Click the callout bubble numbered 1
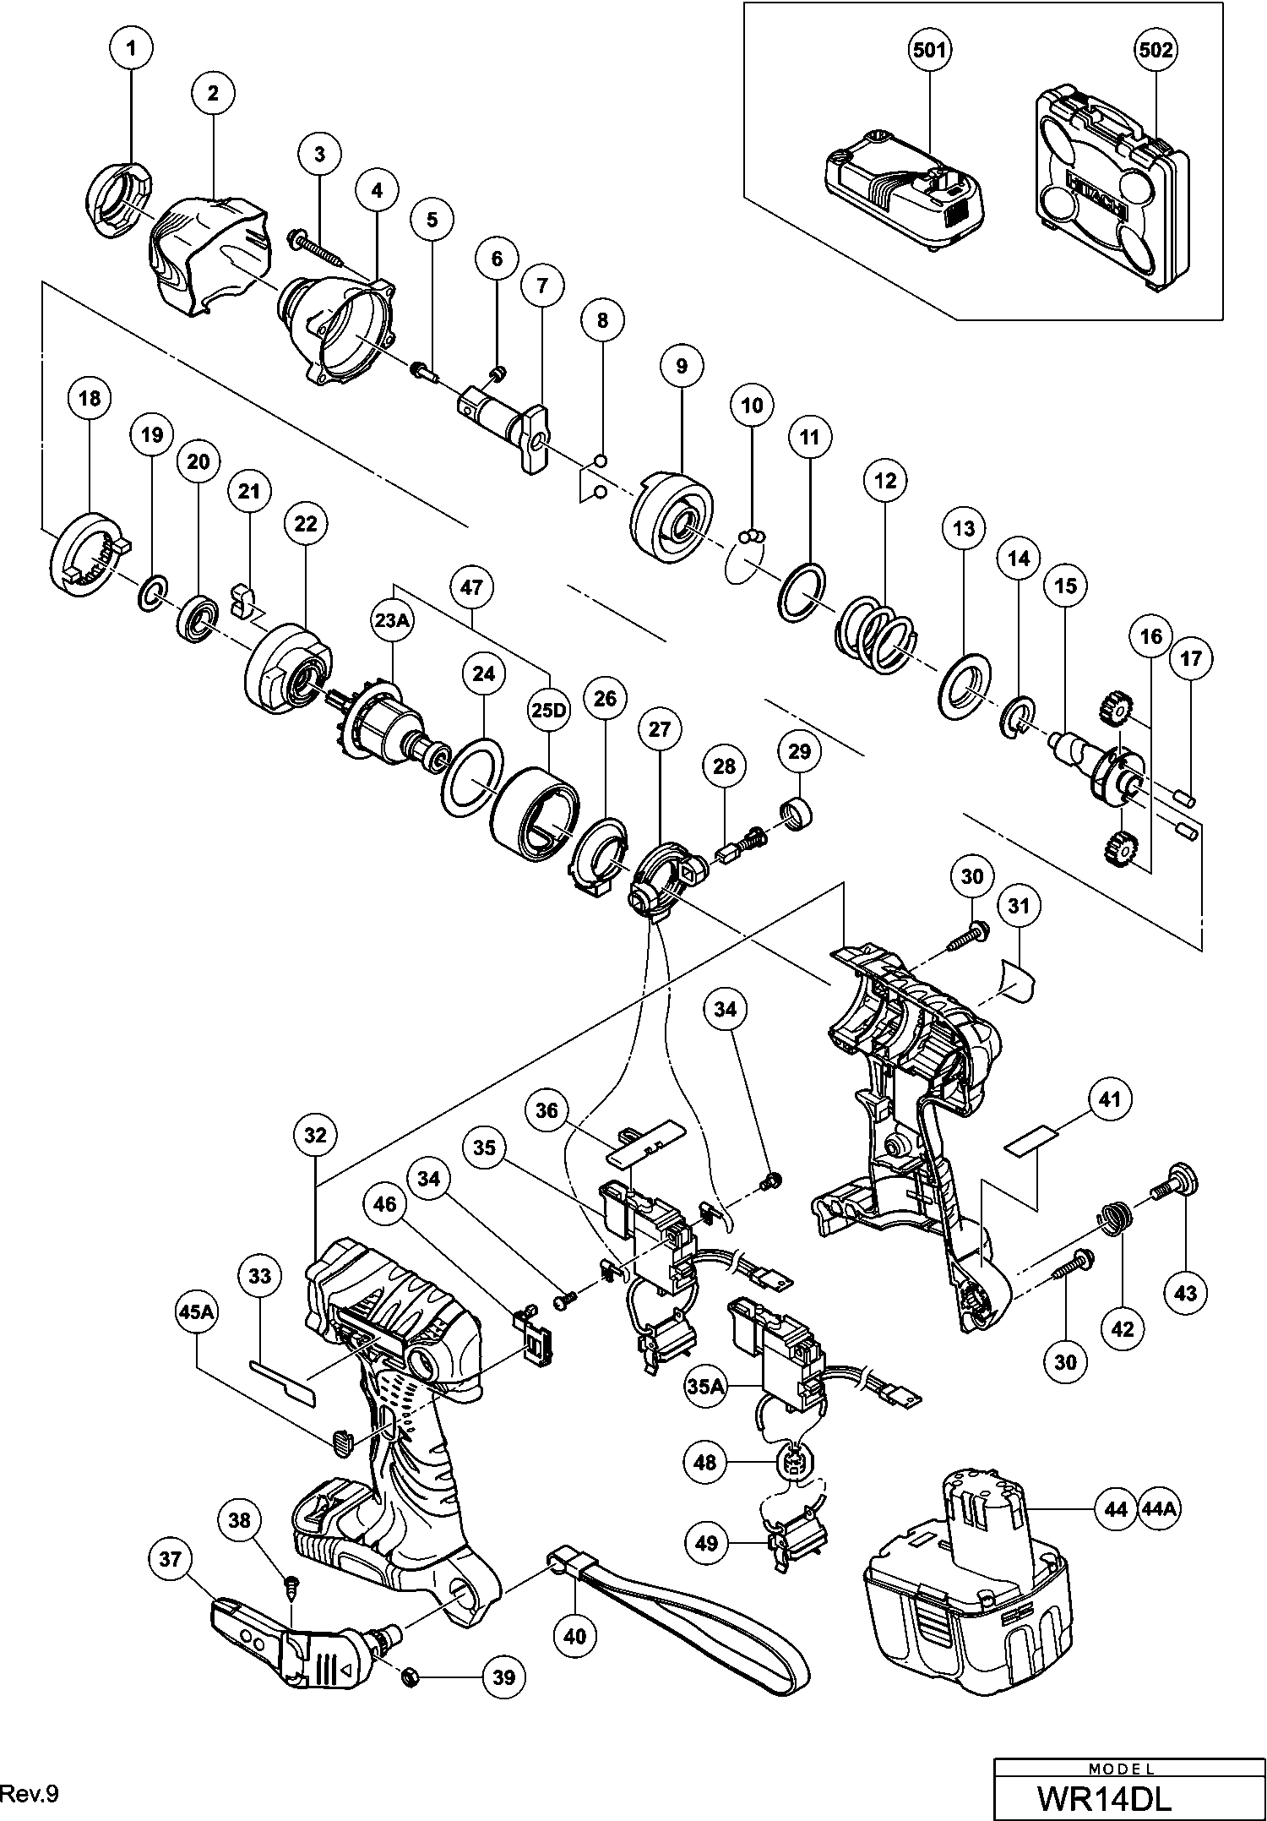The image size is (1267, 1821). click(130, 49)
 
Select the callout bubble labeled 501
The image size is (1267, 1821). click(929, 51)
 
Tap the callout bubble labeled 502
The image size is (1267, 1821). click(1155, 51)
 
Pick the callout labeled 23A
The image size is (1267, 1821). click(393, 620)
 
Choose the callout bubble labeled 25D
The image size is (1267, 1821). click(548, 710)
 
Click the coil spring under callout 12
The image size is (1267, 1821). click(877, 635)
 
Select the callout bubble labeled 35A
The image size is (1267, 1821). click(704, 1386)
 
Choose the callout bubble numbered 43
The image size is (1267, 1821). click(1186, 1293)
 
